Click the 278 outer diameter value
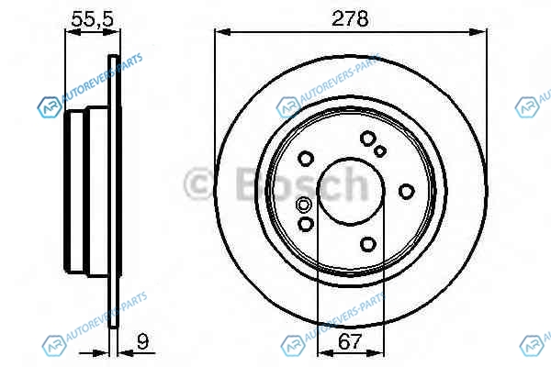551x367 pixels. pyautogui.click(x=350, y=18)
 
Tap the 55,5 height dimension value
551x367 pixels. pyautogui.click(x=93, y=19)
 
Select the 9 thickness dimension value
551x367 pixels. pyautogui.click(x=142, y=341)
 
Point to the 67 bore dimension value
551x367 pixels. pyautogui.click(x=350, y=341)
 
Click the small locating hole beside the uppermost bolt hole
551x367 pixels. pyautogui.click(x=380, y=151)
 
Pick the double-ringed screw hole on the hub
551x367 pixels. pyautogui.click(x=303, y=204)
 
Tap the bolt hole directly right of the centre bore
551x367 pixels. pyautogui.click(x=406, y=192)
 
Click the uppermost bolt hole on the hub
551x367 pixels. pyautogui.click(x=367, y=138)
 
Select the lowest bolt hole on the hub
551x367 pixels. pyautogui.click(x=368, y=244)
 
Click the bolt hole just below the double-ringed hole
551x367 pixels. pyautogui.click(x=306, y=224)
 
